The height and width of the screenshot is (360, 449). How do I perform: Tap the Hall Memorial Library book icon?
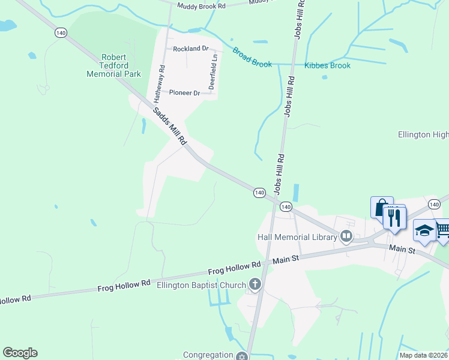(x=346, y=237)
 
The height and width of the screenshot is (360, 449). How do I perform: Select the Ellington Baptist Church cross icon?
(x=255, y=284)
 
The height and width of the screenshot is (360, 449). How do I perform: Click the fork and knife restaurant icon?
(x=394, y=218)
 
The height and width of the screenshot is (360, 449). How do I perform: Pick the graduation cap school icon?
(x=424, y=231)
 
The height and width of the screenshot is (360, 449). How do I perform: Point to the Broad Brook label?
(x=252, y=58)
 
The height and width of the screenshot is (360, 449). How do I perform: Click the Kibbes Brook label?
(x=327, y=65)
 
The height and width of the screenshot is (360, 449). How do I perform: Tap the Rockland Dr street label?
(x=190, y=48)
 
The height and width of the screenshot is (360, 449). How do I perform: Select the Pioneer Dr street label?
(x=184, y=93)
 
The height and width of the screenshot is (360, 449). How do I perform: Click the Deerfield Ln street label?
(x=212, y=73)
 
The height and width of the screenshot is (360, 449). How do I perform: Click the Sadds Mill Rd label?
(x=169, y=125)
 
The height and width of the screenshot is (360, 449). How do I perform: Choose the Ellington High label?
(x=423, y=135)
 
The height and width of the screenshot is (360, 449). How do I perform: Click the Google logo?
(x=20, y=353)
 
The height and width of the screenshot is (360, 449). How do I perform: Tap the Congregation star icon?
(x=241, y=356)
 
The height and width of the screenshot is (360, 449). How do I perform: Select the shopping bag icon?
(x=381, y=208)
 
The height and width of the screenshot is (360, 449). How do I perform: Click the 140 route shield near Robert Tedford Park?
(x=61, y=33)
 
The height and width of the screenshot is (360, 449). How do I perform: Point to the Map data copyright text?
(x=423, y=355)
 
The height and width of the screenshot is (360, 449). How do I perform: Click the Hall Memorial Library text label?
(x=297, y=237)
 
